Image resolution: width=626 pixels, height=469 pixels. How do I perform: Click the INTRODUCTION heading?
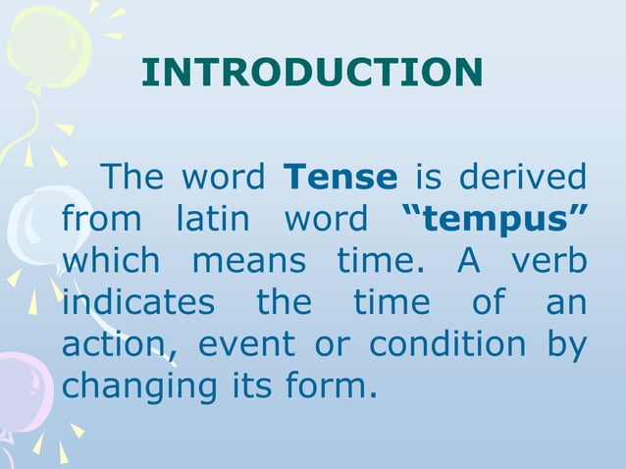coord(312,72)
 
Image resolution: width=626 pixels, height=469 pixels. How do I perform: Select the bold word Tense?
coord(339,178)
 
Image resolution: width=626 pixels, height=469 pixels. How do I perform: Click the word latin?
coord(213,220)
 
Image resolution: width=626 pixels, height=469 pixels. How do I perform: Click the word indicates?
coord(137,303)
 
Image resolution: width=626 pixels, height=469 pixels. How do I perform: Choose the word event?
coord(246,345)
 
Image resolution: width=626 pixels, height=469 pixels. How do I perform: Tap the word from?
coord(99,220)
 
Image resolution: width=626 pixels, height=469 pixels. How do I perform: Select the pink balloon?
coord(18,392)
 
